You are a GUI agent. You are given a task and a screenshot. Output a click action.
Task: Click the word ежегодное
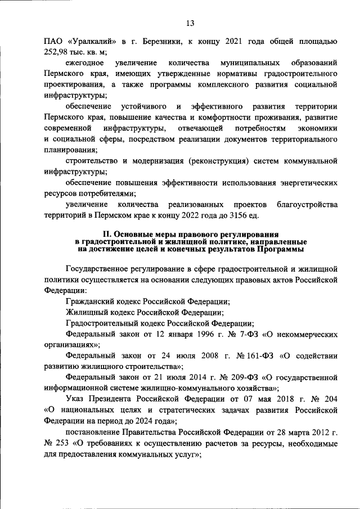(84, 63)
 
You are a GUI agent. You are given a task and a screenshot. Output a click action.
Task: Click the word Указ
(75, 399)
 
